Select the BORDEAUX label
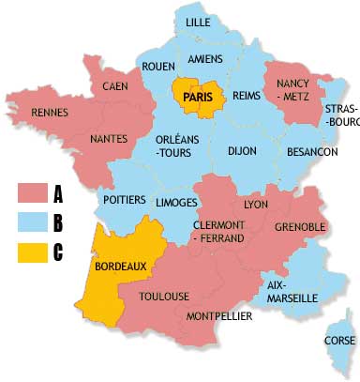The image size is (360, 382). [121, 266]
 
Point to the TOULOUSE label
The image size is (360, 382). [164, 297]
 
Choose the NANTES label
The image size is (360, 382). [109, 139]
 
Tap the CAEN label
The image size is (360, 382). [115, 86]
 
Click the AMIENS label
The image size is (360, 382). [205, 59]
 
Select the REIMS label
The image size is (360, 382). [246, 96]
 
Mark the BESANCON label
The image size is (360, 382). [313, 151]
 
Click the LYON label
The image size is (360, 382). [256, 204]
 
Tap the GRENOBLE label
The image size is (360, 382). [300, 227]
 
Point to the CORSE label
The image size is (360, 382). [338, 341]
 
